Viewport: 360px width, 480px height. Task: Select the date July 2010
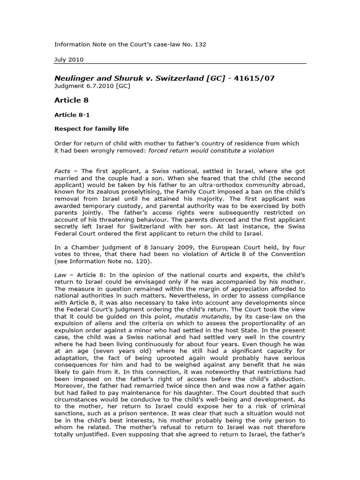tap(69, 60)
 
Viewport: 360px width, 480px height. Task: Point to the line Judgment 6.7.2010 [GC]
tap(92, 86)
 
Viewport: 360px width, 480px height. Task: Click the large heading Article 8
tap(72, 100)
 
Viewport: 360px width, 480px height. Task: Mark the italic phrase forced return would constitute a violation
tap(210, 150)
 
